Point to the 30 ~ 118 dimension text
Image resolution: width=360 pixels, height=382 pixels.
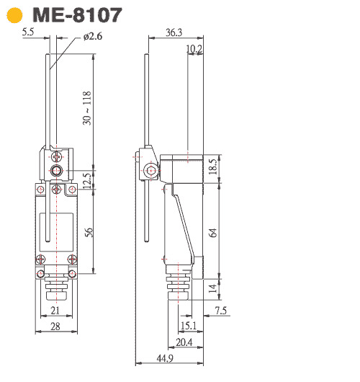[87, 109]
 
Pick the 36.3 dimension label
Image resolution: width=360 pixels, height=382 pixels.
[174, 32]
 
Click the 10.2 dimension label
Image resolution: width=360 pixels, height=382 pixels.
[194, 49]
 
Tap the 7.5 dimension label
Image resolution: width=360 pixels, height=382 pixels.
[221, 311]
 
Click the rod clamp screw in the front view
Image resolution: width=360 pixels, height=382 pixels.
[56, 171]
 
